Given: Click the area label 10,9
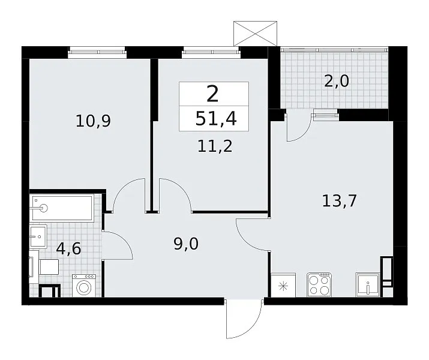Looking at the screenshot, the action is (93, 121).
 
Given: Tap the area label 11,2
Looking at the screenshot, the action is (215, 146).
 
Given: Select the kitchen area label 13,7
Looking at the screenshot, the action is (339, 200).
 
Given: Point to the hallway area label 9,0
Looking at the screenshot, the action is (186, 244).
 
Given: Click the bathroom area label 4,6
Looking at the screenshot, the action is (68, 248).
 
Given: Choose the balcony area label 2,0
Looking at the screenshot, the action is (336, 81).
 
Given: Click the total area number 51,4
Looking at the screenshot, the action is (216, 119).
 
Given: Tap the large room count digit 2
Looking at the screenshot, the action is (212, 94).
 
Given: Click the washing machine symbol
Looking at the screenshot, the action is (84, 286).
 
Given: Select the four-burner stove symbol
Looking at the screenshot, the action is (319, 285).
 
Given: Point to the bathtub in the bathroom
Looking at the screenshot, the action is (62, 208).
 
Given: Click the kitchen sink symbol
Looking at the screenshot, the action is (368, 285).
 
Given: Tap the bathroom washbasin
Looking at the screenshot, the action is (38, 236).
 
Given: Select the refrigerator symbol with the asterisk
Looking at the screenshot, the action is (283, 285).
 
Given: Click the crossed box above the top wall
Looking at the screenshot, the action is (255, 34).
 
